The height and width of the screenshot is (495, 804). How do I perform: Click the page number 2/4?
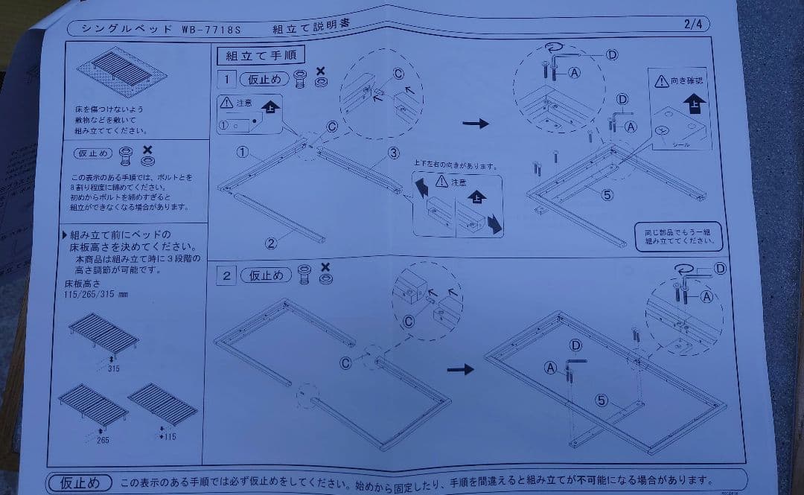click(694, 24)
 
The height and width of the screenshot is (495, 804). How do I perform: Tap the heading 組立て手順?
click(250, 55)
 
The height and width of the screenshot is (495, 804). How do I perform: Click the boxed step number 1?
click(226, 79)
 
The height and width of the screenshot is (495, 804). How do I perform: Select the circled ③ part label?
click(392, 153)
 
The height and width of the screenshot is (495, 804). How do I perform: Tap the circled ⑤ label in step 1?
click(607, 195)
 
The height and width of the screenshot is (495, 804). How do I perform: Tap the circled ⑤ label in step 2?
click(602, 400)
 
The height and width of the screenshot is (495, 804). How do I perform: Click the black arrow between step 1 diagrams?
click(476, 124)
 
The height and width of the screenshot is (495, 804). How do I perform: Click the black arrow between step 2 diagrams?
click(461, 368)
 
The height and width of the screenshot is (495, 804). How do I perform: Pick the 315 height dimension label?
click(113, 368)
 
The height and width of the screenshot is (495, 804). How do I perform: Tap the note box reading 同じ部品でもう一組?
click(678, 236)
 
